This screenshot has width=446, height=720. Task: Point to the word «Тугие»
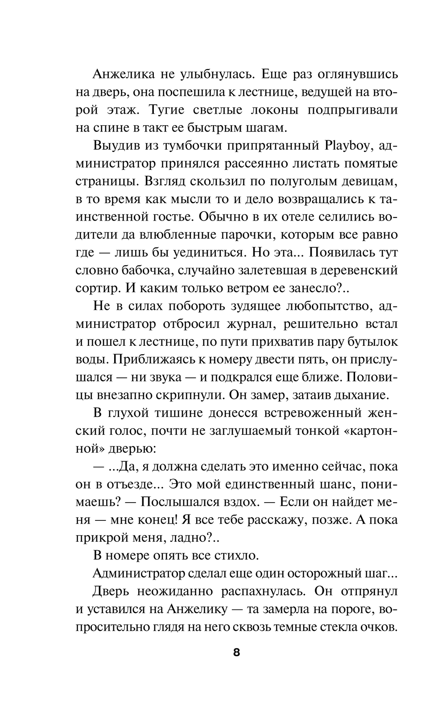point(171,110)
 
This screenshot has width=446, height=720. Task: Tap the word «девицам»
point(364,181)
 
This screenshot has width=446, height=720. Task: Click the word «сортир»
point(97,288)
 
